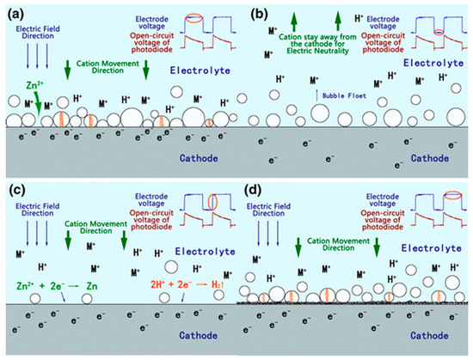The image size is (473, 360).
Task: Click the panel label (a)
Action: (x=14, y=11)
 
